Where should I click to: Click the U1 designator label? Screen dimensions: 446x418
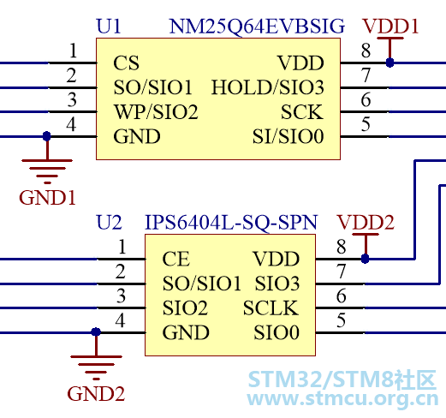[109, 27]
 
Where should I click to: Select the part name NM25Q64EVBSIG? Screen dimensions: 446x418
[257, 27]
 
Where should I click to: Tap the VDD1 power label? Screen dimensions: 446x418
[390, 27]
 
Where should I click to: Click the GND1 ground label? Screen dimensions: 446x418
[47, 198]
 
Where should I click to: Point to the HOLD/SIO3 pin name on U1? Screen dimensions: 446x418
[268, 87]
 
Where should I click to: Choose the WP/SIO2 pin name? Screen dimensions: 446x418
[156, 111]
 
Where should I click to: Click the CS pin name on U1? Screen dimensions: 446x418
[126, 63]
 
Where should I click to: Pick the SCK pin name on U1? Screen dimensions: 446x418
[302, 112]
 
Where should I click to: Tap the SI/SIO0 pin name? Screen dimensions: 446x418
[288, 136]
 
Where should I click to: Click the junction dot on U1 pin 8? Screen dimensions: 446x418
[390, 63]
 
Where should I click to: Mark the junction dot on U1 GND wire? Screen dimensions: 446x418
[47, 136]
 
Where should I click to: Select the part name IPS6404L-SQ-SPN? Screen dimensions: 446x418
[231, 223]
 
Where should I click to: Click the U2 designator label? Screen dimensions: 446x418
[109, 223]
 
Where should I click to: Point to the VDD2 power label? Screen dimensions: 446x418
[366, 223]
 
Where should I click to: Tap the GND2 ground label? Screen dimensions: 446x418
[96, 394]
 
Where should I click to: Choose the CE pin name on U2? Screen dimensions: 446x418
[175, 259]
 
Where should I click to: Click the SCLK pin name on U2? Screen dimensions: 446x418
[271, 308]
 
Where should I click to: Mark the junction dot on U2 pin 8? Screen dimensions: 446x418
[365, 259]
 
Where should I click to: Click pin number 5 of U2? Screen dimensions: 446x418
[342, 320]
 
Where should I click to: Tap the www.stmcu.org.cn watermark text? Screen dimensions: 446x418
[342, 398]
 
